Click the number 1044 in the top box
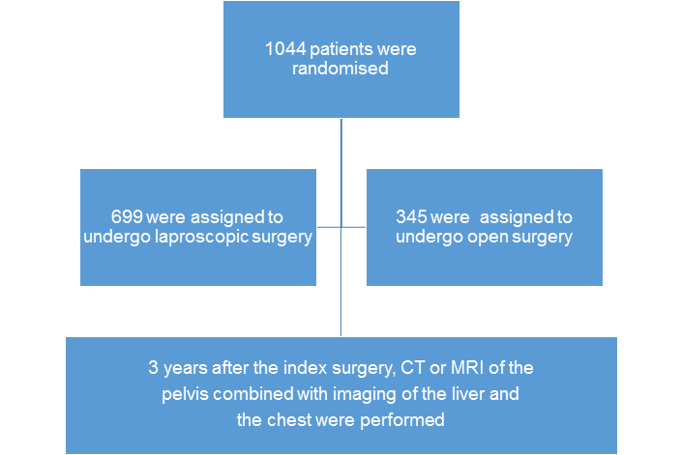(x=285, y=49)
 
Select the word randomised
(x=340, y=69)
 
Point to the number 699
(x=127, y=216)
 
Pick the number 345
(x=411, y=216)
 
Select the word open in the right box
(x=487, y=238)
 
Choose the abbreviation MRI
(x=467, y=368)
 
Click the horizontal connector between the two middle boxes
(x=341, y=227)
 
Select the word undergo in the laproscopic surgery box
(x=117, y=238)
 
